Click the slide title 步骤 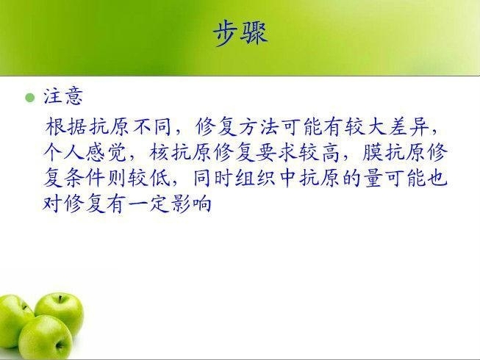point(240,34)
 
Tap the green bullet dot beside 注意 point(30,98)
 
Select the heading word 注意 point(63,96)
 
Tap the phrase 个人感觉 point(85,152)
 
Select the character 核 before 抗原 point(159,152)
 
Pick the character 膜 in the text point(372,152)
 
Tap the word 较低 point(149,178)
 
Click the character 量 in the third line point(375,178)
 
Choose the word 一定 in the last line point(149,204)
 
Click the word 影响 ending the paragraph point(192,204)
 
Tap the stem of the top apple point(60,298)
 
